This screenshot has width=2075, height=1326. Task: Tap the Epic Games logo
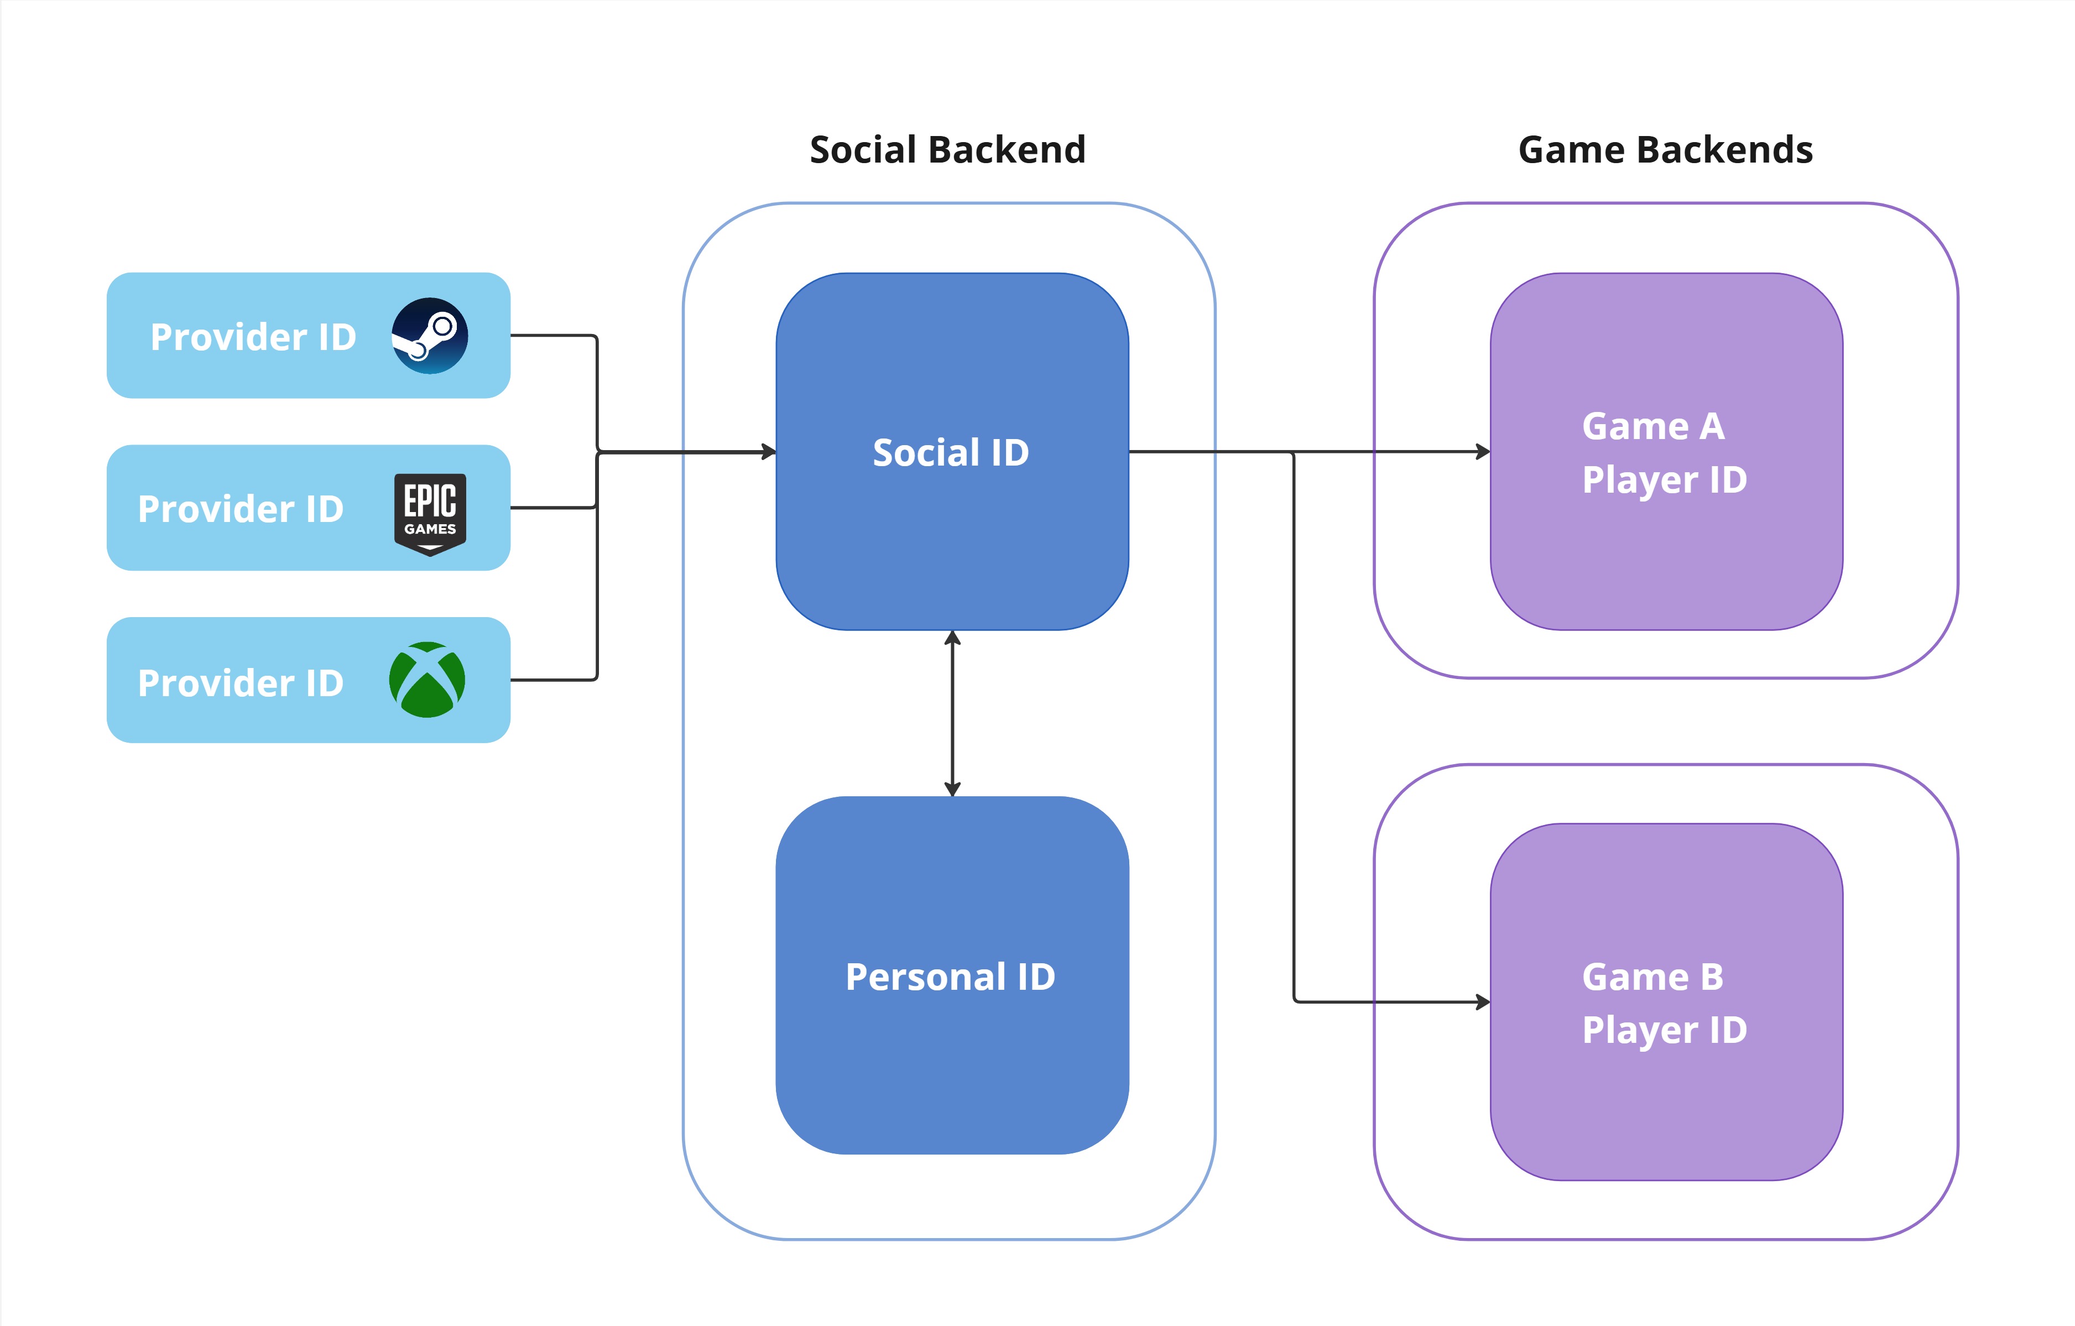(x=430, y=514)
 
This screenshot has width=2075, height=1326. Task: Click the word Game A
(x=1653, y=426)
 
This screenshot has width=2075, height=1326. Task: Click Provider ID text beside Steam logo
(x=253, y=337)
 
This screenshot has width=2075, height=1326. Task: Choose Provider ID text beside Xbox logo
(x=241, y=683)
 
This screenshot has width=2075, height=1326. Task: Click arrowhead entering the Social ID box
(x=769, y=451)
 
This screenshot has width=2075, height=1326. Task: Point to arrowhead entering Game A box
(x=1483, y=451)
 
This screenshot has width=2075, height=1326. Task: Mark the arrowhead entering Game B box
(x=1483, y=1002)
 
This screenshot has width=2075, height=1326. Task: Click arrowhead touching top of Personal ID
(x=952, y=789)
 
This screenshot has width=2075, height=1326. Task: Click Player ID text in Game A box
(x=1664, y=480)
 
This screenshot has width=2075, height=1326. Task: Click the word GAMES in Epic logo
(x=430, y=529)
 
